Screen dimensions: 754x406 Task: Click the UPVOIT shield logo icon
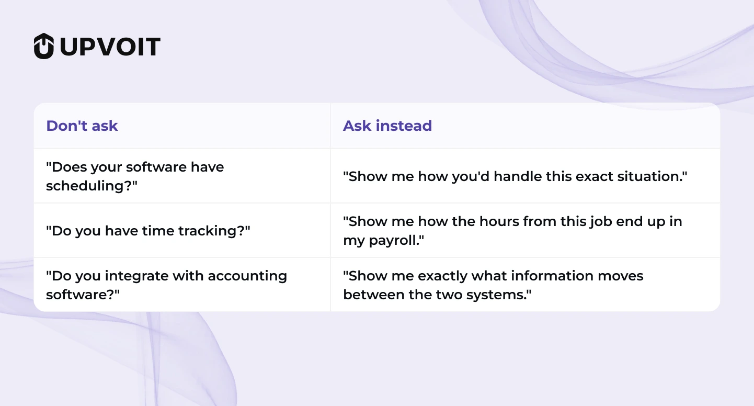pos(44,46)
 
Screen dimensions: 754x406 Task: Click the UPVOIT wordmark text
pos(110,47)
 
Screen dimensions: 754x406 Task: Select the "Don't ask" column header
pos(82,126)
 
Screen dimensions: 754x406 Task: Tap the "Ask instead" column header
pos(387,126)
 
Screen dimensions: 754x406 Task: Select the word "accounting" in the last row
pos(247,276)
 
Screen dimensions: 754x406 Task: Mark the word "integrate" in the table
pos(136,276)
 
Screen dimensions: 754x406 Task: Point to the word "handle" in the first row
pos(517,176)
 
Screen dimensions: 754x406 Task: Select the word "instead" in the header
pos(404,126)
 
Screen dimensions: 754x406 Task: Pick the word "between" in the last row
pos(374,295)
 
